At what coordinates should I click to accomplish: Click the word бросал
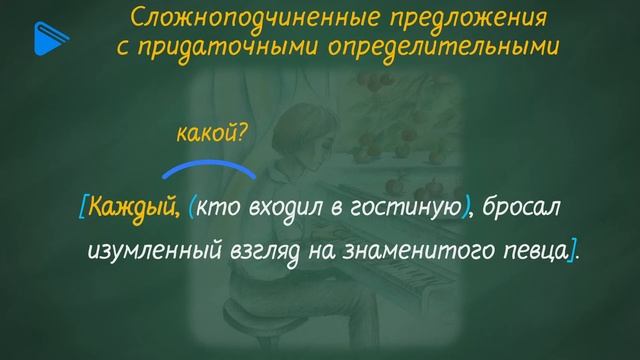(521, 207)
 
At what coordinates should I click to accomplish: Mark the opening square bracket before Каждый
(81, 207)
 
